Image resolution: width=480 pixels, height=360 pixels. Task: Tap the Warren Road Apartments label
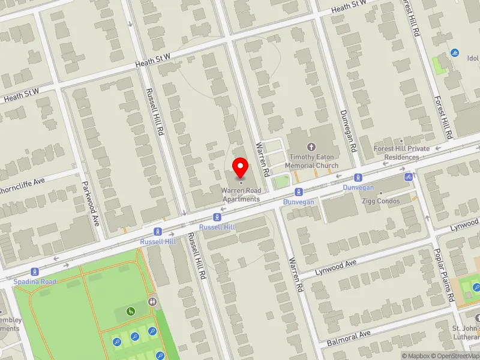coord(241,195)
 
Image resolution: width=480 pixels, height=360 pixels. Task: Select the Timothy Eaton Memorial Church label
coord(311,161)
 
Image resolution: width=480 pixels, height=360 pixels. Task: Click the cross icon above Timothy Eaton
coord(311,146)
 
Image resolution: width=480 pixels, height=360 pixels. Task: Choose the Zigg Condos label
coord(381,201)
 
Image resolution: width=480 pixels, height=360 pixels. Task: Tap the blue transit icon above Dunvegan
coord(358,177)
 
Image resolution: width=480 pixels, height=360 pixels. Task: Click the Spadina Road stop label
coord(36,281)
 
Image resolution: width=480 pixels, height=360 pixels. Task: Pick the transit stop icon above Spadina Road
coord(35,271)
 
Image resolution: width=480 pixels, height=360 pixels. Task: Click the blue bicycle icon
coord(409,176)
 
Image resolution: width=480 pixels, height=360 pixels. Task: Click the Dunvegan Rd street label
coord(349,130)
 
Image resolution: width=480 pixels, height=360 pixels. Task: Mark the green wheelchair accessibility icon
coord(131,311)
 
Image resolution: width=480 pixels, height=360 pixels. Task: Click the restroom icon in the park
coord(152,302)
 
